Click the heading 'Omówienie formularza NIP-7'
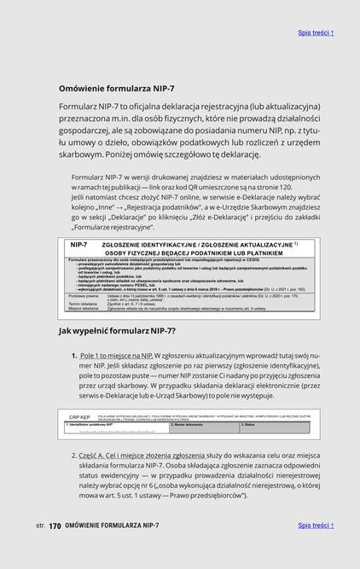point(116,89)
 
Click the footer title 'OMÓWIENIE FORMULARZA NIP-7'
point(112,526)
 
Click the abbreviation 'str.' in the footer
point(40,526)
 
